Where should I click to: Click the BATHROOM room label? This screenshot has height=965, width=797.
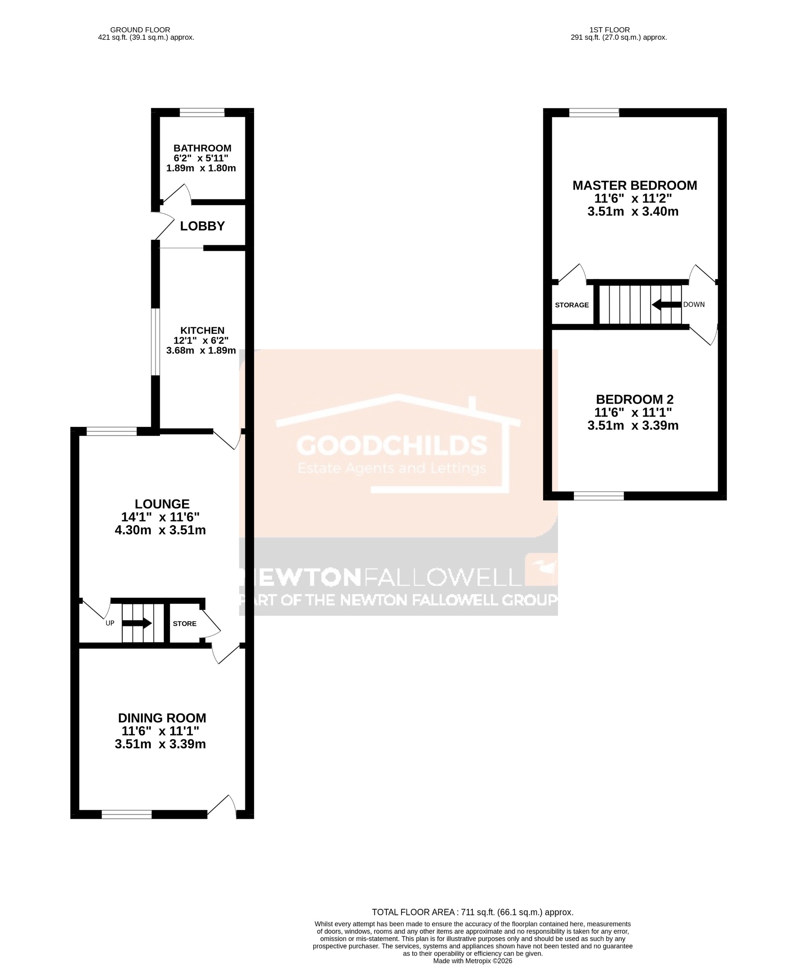(x=202, y=148)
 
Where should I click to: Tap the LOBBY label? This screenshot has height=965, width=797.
(x=202, y=226)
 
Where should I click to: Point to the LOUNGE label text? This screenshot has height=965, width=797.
(x=162, y=504)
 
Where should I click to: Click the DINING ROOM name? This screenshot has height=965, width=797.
(x=162, y=718)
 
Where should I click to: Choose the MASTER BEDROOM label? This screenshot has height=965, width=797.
(x=634, y=186)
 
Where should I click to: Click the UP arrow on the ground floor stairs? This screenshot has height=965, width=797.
(x=137, y=623)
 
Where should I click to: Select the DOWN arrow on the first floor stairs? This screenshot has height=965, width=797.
(x=666, y=304)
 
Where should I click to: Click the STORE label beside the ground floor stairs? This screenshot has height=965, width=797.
(x=185, y=624)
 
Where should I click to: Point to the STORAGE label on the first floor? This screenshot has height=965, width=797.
(x=572, y=305)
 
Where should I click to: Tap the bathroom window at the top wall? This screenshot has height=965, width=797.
(x=202, y=113)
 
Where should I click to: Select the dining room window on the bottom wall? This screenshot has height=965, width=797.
(x=127, y=815)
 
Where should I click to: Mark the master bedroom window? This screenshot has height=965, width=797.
(x=594, y=113)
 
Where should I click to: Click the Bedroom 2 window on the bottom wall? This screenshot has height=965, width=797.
(x=599, y=496)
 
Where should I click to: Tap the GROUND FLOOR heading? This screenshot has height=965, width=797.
(x=140, y=30)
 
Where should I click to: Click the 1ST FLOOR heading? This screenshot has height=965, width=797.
(x=610, y=30)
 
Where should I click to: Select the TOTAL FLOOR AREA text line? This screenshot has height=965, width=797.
(x=472, y=913)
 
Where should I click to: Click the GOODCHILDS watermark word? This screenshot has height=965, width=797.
(x=392, y=445)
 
